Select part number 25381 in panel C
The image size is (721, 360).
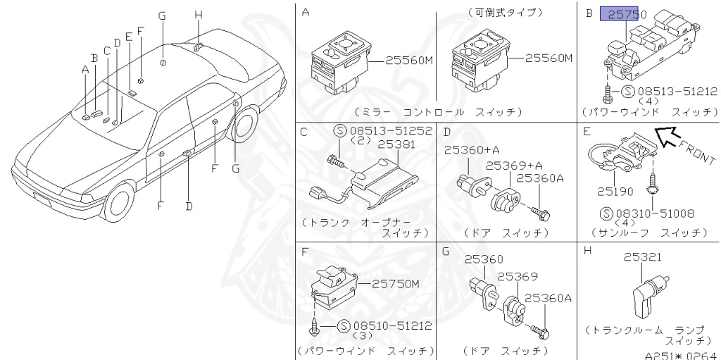click(396, 144)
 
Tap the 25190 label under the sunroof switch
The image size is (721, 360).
click(615, 190)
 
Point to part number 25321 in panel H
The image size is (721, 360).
click(642, 258)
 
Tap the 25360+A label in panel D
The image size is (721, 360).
click(471, 150)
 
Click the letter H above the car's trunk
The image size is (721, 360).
click(198, 14)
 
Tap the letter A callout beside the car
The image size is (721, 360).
click(85, 69)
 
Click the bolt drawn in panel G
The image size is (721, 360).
click(540, 328)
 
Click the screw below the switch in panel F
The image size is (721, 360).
click(314, 325)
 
